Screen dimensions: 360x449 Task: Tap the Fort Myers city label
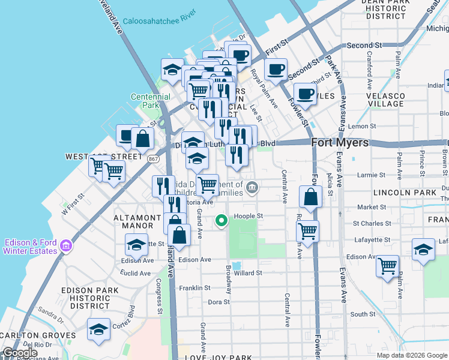[x=339, y=143]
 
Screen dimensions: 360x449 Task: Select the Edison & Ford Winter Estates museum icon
[x=65, y=246]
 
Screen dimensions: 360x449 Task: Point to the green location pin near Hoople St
[x=221, y=221]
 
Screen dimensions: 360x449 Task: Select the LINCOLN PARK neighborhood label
[x=404, y=193]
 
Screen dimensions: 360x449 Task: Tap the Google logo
[x=20, y=353]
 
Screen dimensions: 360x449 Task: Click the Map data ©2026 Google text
[x=412, y=355]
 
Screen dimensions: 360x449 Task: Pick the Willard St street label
[x=248, y=273]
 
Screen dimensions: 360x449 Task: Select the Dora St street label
[x=215, y=302]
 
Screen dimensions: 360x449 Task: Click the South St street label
[x=363, y=314]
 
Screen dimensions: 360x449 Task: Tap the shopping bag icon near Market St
[x=310, y=197]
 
